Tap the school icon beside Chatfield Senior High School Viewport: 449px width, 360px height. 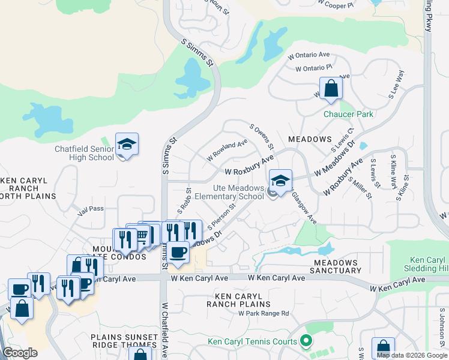[127, 145]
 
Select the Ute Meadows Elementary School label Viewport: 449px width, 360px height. [238, 192]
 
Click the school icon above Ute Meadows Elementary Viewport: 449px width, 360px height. [280, 180]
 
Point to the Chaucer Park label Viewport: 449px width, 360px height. [348, 114]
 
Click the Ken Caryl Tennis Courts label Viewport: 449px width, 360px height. [252, 342]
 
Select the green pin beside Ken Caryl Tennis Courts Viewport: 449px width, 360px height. [306, 342]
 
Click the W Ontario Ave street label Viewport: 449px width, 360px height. [309, 55]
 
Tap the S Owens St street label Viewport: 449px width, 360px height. [262, 136]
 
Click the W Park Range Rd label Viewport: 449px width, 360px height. [264, 313]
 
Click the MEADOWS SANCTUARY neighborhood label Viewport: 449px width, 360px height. [334, 266]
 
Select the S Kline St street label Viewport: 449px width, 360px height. [402, 187]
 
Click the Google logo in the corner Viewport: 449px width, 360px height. [20, 353]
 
